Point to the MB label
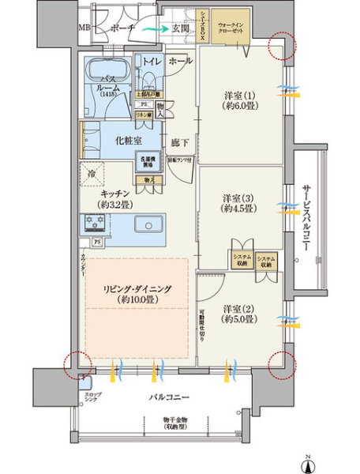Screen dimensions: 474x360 84,28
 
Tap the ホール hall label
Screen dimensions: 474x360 179,60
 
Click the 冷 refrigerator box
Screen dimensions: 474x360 92,175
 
